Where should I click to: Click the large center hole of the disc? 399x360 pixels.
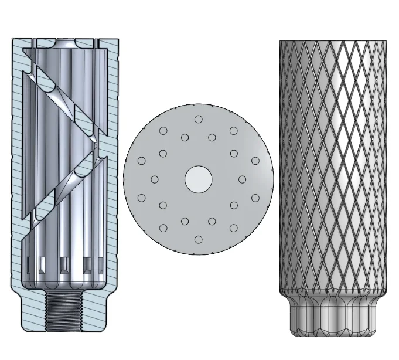click(198, 179)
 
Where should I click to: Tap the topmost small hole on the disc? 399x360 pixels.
click(198, 119)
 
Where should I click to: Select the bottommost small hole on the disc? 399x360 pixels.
click(198, 239)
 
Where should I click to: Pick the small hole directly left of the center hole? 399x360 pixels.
click(155, 179)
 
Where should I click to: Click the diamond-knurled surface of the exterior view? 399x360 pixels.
click(332, 164)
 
